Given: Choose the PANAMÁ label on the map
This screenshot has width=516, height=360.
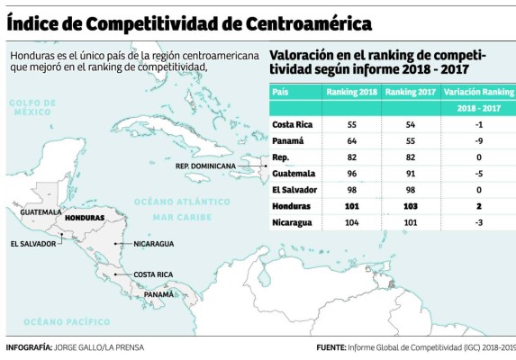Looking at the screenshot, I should click(159, 294).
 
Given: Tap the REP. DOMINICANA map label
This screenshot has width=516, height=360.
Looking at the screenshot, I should click(206, 166).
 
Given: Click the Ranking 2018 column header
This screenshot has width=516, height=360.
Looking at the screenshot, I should click(353, 93).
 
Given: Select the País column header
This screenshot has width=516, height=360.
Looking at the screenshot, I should click(282, 93).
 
